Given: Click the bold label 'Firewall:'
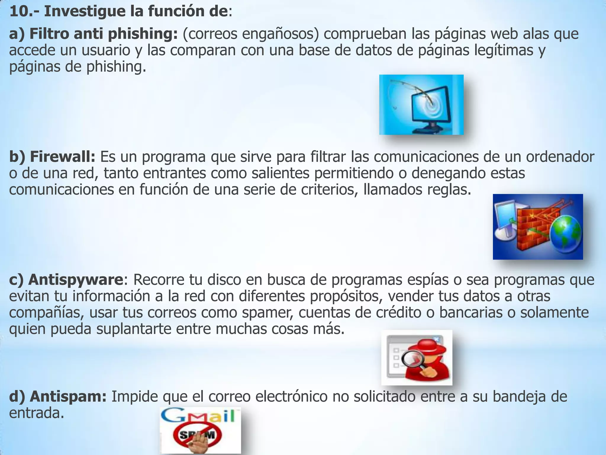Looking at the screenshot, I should (62, 157).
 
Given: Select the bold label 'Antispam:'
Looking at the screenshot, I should (68, 396).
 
